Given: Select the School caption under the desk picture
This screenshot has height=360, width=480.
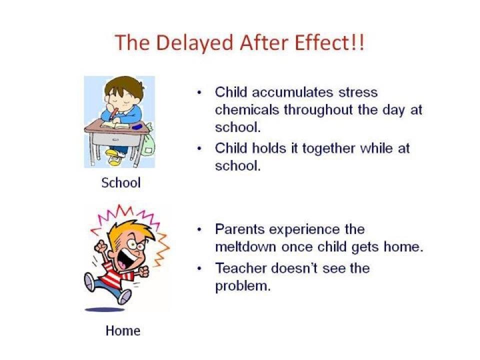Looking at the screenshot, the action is point(121,183).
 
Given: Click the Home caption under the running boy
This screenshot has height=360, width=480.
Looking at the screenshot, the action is point(123,330).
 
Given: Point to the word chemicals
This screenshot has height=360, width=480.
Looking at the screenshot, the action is point(247,109).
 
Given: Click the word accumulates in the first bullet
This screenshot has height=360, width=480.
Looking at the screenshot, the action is point(292,92).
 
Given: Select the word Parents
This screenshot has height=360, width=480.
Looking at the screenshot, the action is point(239,229).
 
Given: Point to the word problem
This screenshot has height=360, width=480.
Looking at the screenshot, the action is point(243,286).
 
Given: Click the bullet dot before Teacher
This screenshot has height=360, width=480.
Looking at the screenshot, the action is point(199,269).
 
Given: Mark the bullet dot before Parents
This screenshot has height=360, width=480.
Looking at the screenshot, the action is point(199,229).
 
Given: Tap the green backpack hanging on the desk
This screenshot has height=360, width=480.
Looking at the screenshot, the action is point(148,143).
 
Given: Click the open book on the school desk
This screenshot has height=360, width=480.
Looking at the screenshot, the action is point(114,125).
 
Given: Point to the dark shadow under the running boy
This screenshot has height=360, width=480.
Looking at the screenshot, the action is point(104,310).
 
